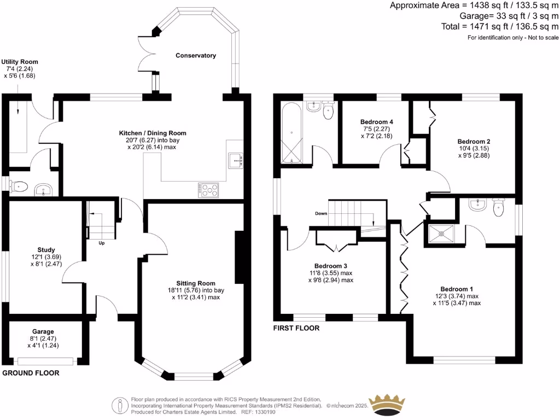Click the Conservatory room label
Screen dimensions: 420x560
click(195, 56)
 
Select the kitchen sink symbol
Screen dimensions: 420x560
click(236, 160)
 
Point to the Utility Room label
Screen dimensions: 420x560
click(20, 62)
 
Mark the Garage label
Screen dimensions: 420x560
click(43, 331)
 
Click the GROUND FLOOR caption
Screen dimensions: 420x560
click(31, 373)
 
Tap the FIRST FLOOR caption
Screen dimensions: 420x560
click(296, 328)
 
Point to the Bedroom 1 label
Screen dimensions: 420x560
click(457, 289)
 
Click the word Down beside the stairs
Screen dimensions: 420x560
click(322, 213)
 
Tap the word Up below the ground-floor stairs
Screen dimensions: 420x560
click(102, 243)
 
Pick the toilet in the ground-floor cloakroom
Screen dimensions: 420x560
click(18, 187)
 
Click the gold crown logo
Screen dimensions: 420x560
click(392, 404)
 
